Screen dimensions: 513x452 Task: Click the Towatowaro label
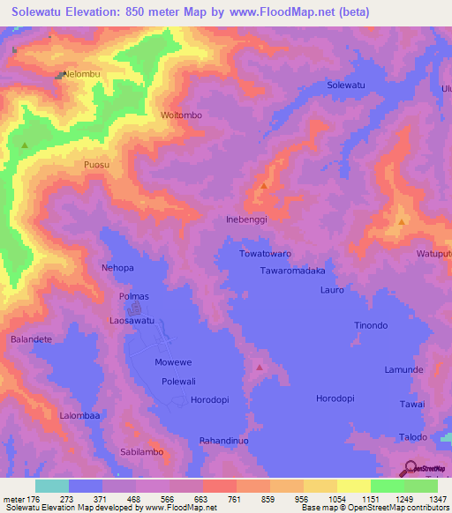pos(265,254)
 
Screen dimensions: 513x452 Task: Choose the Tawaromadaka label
pos(293,271)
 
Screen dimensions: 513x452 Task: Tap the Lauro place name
pos(332,289)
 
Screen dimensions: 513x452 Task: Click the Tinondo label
pos(371,325)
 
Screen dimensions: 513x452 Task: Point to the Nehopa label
pos(117,267)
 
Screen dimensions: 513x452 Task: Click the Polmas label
pos(134,297)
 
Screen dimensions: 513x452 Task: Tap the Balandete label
pos(32,339)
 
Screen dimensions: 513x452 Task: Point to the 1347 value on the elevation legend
pos(438,499)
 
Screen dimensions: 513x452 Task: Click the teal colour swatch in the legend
pos(52,486)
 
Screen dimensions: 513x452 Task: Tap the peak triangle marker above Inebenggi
pos(264,187)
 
